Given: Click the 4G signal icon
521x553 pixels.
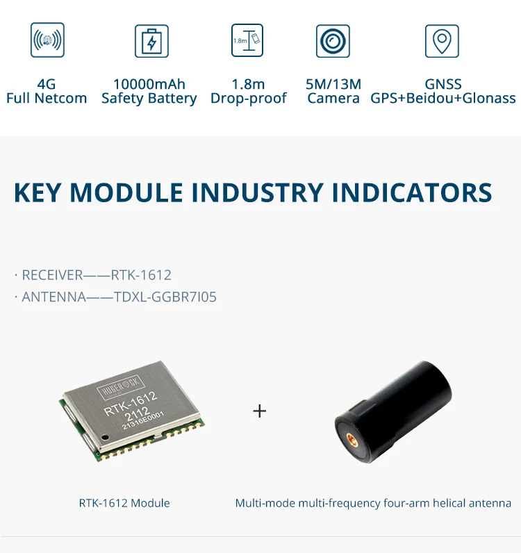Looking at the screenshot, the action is [x=47, y=40].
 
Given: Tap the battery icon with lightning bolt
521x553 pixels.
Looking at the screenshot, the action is [x=151, y=40].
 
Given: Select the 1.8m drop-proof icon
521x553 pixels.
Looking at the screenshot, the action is [x=248, y=40].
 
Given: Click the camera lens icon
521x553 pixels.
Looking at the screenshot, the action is [x=333, y=40].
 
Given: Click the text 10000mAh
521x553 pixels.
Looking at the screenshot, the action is [x=149, y=84].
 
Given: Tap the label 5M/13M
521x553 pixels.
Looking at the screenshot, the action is [x=333, y=84].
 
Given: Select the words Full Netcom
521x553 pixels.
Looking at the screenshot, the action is [x=47, y=99].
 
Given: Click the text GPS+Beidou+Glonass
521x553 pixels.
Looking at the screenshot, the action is [x=443, y=99].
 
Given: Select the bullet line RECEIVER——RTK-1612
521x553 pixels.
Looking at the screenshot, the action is [x=93, y=275].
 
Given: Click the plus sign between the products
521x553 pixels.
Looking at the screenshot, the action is [x=259, y=411].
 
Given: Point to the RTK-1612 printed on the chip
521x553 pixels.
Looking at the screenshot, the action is [x=131, y=399].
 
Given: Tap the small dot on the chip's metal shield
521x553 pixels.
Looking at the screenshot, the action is [x=104, y=438].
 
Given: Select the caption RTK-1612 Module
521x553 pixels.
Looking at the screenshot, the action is [x=124, y=503].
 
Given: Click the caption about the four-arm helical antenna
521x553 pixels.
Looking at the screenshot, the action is [x=373, y=503].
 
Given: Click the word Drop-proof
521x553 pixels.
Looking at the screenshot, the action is [x=248, y=99].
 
